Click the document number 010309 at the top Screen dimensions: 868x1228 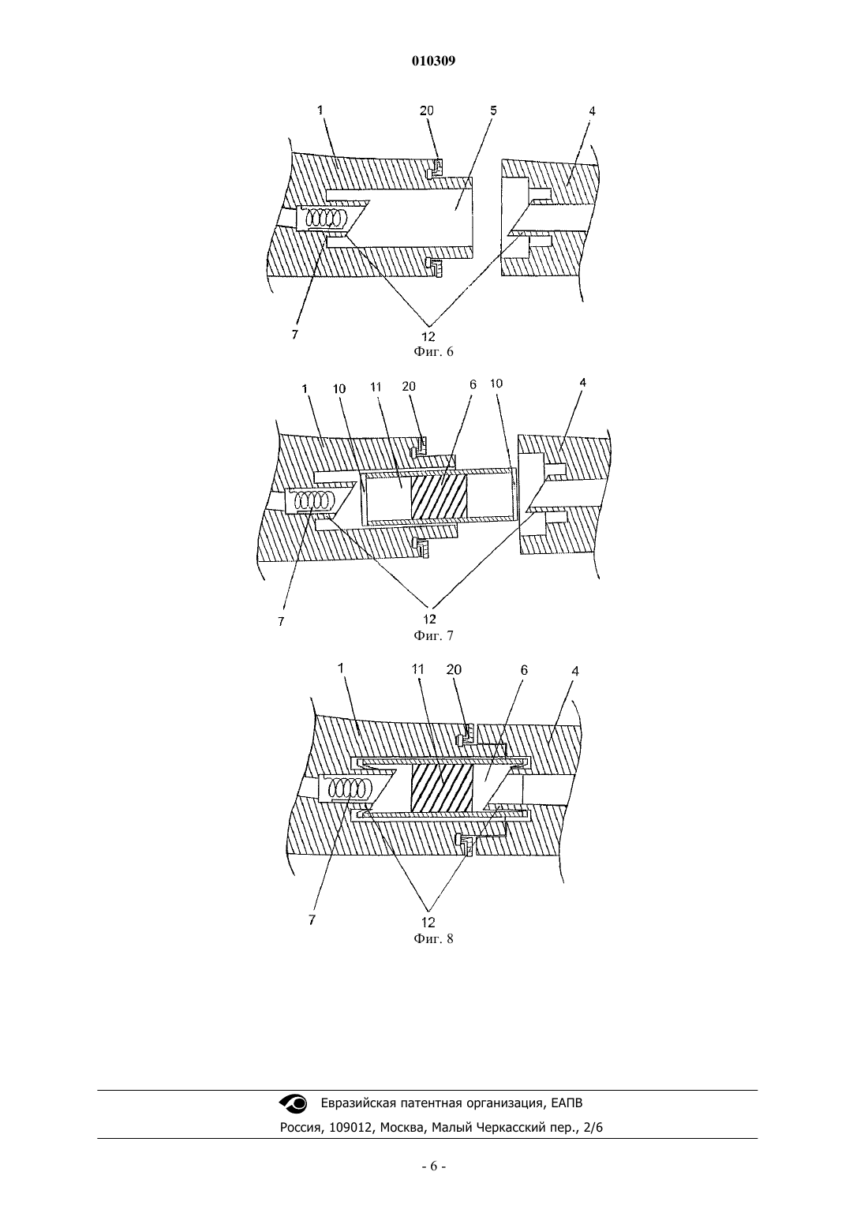433,61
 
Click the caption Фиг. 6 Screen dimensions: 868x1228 433,351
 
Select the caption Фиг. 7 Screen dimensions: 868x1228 433,635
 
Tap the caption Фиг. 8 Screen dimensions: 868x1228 433,938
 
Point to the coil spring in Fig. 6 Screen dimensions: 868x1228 326,219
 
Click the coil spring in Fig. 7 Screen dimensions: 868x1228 313,500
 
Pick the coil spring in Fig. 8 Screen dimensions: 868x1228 350,789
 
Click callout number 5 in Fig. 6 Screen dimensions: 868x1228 493,110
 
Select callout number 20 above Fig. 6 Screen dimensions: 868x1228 427,110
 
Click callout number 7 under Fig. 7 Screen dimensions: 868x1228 281,622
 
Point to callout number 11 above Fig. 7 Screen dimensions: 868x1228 376,387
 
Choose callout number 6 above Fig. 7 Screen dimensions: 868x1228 473,385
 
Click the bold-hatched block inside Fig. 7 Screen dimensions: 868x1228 439,497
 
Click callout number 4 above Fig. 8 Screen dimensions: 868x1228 574,671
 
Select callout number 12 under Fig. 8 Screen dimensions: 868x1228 428,922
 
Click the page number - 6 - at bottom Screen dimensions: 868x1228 433,1166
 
